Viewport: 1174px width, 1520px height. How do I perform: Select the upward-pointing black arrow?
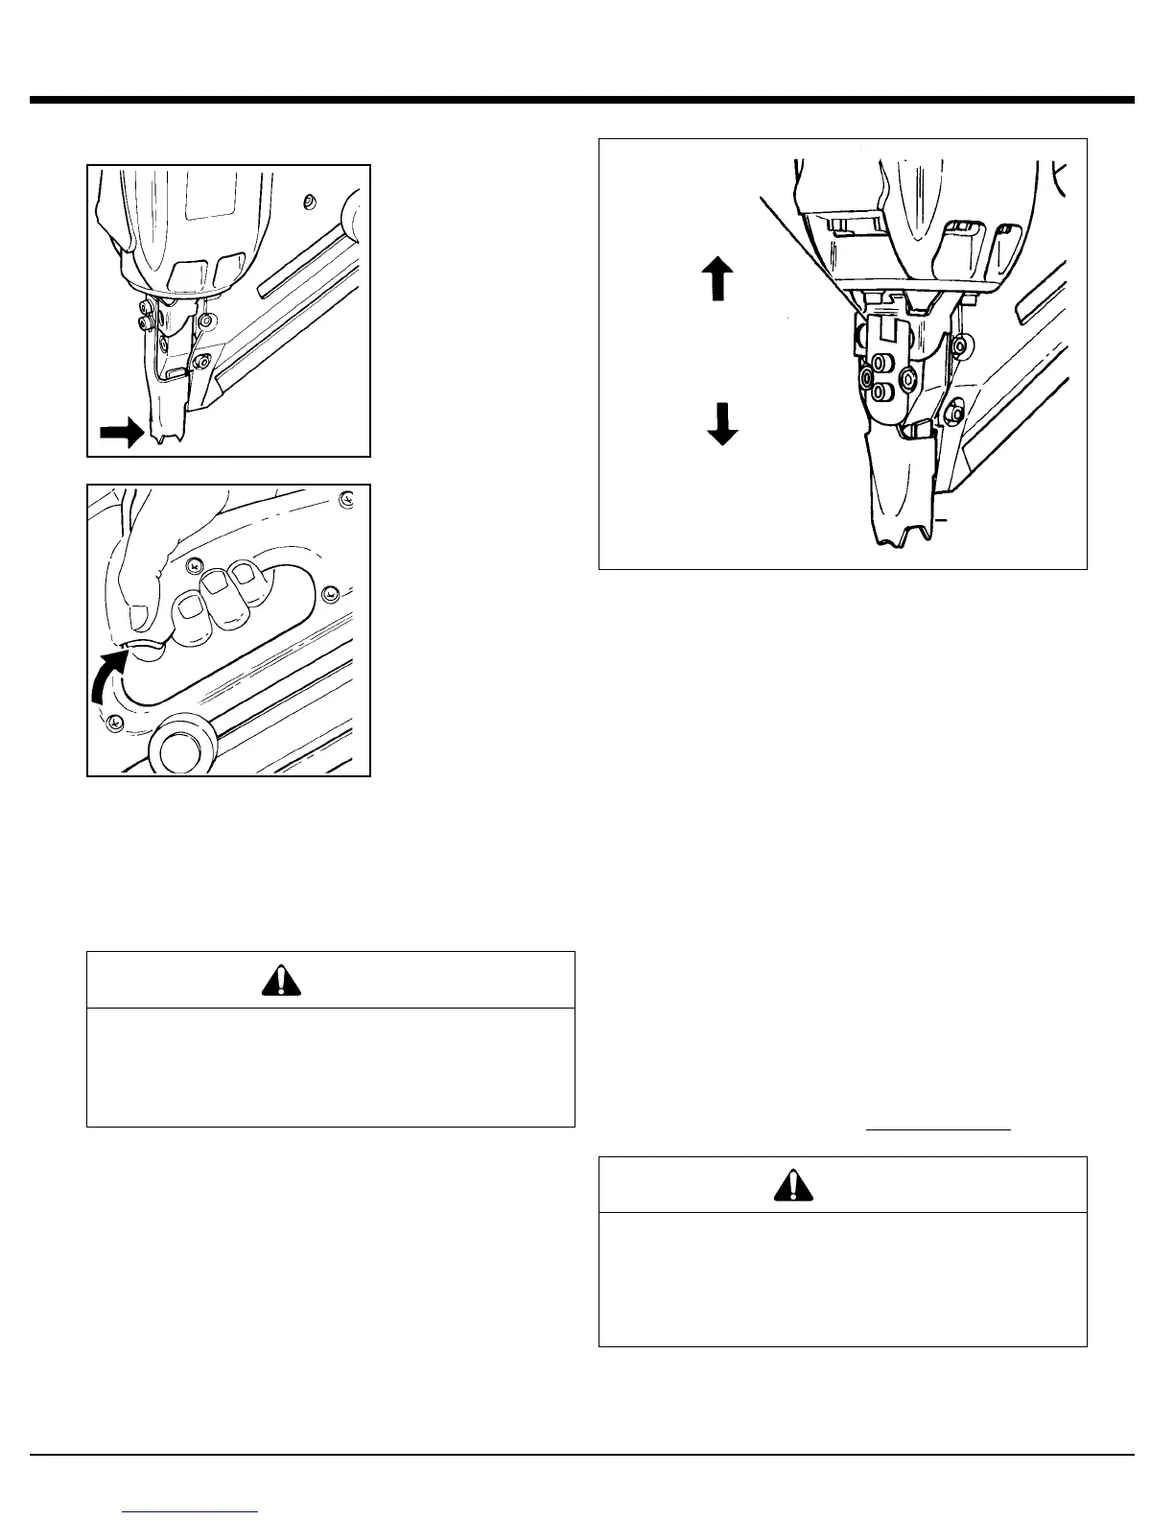(x=717, y=278)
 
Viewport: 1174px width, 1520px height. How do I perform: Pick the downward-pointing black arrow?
(x=721, y=423)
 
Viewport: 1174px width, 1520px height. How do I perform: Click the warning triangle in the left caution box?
(x=279, y=980)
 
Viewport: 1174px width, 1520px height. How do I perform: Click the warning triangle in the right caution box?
(x=793, y=1186)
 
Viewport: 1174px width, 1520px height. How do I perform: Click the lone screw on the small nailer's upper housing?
(x=308, y=202)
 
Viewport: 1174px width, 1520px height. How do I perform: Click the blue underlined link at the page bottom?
(x=192, y=1511)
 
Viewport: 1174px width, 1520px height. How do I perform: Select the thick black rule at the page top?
(x=581, y=100)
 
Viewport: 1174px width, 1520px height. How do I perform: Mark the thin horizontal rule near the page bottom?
(x=581, y=1456)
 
